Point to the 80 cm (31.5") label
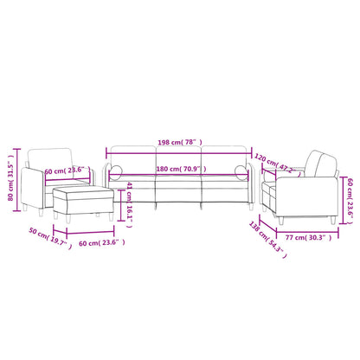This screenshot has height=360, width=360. pyautogui.click(x=10, y=184)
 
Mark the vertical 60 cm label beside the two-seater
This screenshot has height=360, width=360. pyautogui.click(x=350, y=186)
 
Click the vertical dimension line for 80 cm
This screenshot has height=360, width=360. pyautogui.click(x=19, y=183)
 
